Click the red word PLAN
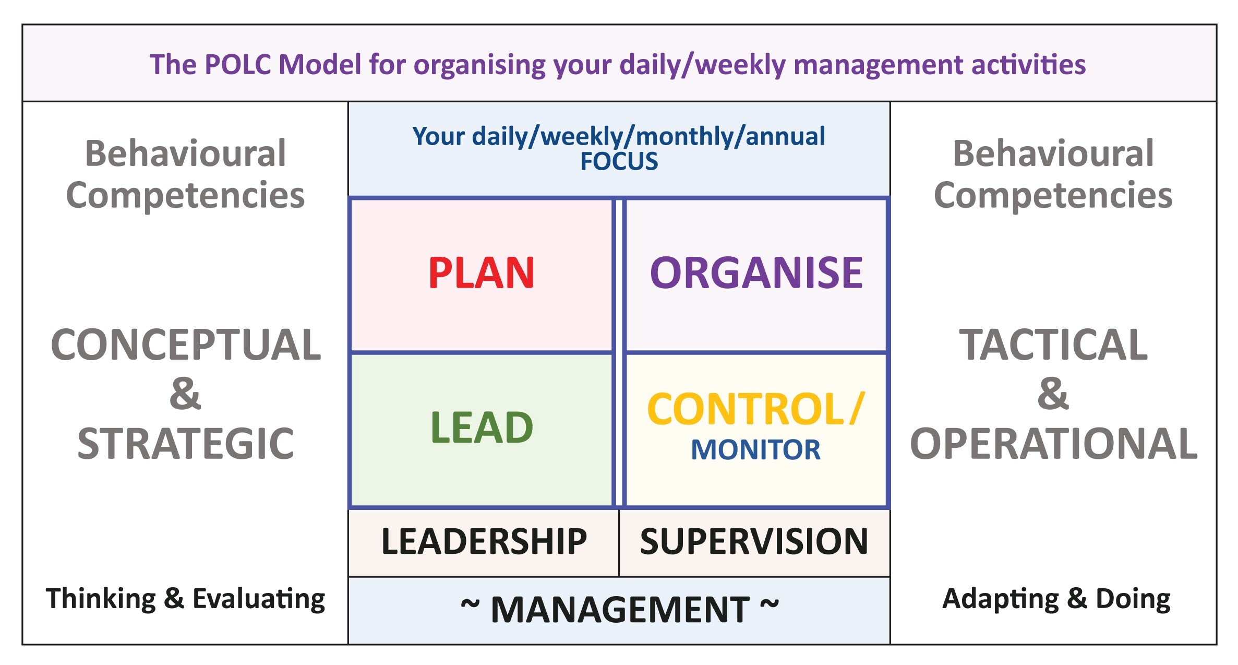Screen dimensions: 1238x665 click(x=482, y=272)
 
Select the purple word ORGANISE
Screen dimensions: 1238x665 click(x=756, y=272)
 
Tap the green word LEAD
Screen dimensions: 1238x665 click(x=482, y=427)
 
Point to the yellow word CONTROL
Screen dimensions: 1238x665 click(x=746, y=409)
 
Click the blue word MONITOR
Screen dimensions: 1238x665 click(x=755, y=450)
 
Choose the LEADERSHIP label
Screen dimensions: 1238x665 click(x=484, y=541)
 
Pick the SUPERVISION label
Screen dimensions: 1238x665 click(x=754, y=541)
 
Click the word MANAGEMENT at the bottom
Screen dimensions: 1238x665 click(x=620, y=610)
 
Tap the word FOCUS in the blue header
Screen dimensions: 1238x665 click(x=619, y=162)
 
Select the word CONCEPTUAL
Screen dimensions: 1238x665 click(x=186, y=345)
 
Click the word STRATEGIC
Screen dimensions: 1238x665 click(x=186, y=444)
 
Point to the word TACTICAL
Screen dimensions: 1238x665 click(x=1053, y=345)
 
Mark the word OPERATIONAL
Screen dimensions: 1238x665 click(x=1054, y=444)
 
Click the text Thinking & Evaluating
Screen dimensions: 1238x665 click(x=185, y=599)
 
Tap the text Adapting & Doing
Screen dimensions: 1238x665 click(x=1056, y=599)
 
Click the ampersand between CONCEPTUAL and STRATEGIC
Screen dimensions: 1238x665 click(x=185, y=394)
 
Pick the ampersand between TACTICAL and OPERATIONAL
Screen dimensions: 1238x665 click(x=1053, y=394)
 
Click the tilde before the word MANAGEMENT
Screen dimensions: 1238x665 click(x=470, y=604)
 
